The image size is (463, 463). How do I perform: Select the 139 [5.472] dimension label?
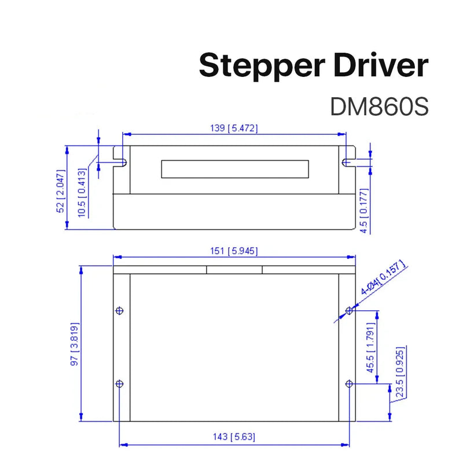point(234,128)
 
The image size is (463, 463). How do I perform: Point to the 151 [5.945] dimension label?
point(234,251)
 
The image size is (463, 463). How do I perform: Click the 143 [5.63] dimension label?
point(233,437)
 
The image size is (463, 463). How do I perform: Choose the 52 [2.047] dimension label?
point(61,191)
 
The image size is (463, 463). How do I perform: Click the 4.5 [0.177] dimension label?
point(363,211)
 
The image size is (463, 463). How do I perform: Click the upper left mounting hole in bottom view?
point(119,310)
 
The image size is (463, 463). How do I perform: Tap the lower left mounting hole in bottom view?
point(119,384)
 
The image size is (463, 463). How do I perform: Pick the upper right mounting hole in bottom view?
point(349,311)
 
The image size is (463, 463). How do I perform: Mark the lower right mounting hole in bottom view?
point(349,384)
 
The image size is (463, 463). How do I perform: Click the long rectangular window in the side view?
point(234,168)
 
